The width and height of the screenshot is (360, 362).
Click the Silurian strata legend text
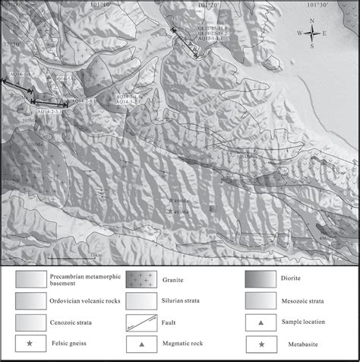[182, 301]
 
